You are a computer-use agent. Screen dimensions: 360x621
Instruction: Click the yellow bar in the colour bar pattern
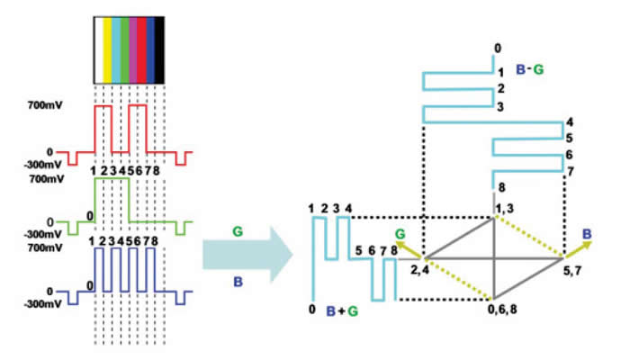pos(106,49)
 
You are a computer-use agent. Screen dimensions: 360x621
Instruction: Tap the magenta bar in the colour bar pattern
pos(133,49)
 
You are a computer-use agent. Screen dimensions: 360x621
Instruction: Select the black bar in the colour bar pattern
pos(160,49)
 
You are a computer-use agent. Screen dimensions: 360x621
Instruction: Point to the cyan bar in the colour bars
pos(115,49)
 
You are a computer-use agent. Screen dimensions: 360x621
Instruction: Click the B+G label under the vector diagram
pos(343,310)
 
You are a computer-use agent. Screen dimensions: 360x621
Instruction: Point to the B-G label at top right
pos(530,67)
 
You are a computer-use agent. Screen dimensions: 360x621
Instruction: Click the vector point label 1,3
pos(505,209)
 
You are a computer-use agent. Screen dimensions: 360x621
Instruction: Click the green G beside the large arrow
pos(237,230)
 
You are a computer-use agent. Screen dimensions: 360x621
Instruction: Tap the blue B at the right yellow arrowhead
pos(586,235)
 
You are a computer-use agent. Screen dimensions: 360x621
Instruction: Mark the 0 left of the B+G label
pos(312,310)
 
